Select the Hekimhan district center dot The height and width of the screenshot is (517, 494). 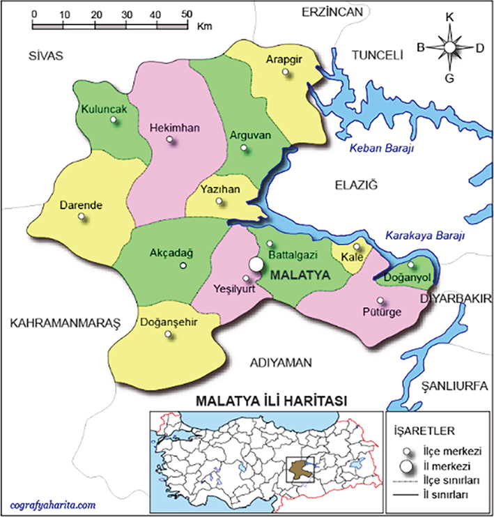(169, 139)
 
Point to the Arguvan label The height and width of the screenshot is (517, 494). (249, 135)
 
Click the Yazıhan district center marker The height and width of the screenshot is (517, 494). (220, 202)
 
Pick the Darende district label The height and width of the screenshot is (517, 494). (81, 206)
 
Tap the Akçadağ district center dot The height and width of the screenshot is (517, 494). (183, 265)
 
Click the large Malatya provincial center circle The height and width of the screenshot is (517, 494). (257, 265)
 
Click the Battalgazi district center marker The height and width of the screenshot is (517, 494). (270, 244)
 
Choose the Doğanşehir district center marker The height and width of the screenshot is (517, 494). (168, 334)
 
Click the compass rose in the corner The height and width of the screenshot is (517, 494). (449, 47)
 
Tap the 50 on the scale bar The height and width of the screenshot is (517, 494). (186, 13)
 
